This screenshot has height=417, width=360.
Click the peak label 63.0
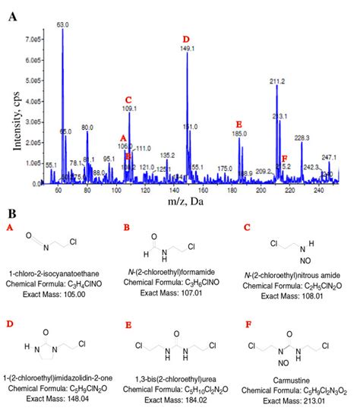pyautogui.click(x=63, y=24)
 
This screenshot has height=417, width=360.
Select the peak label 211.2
pyautogui.click(x=278, y=81)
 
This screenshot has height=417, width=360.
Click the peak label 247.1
pyautogui.click(x=330, y=157)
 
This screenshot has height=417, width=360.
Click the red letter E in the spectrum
pyautogui.click(x=238, y=124)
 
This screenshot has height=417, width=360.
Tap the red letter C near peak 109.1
pyautogui.click(x=128, y=100)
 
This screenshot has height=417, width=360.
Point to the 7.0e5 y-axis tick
pyautogui.click(x=32, y=38)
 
